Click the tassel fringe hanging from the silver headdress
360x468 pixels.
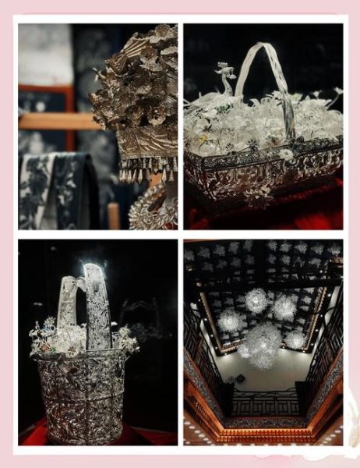[x=148, y=170]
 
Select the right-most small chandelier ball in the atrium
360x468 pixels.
[x=297, y=340]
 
